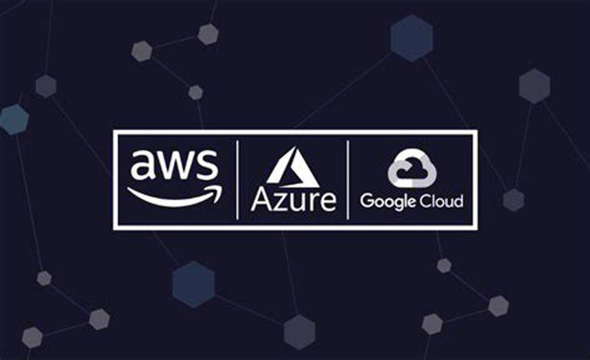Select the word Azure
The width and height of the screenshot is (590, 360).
(x=293, y=200)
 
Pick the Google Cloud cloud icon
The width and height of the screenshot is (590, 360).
(x=411, y=170)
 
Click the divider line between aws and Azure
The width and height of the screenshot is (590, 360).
(x=237, y=180)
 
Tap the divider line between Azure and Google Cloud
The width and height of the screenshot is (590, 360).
(x=348, y=180)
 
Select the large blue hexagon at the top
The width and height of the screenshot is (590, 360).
(x=411, y=38)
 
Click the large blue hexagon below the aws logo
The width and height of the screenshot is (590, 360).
(x=193, y=284)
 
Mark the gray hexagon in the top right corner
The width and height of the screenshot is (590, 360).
(x=534, y=86)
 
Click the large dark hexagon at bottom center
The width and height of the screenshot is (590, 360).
(x=299, y=331)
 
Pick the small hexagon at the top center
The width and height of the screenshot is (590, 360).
(x=208, y=33)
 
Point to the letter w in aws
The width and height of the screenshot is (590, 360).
(x=176, y=166)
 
